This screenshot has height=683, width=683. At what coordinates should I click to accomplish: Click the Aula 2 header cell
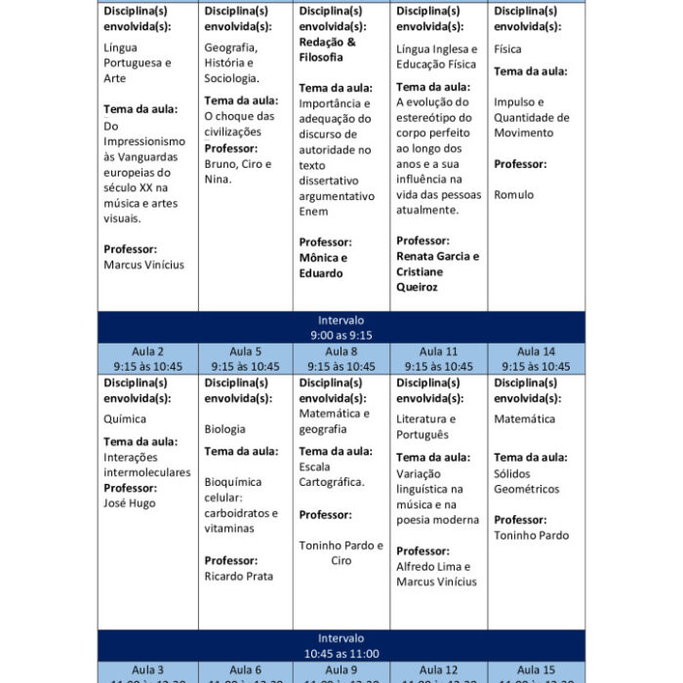(147, 359)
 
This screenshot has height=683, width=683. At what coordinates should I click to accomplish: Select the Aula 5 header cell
(245, 359)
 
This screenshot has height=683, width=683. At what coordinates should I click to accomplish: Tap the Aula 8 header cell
(341, 359)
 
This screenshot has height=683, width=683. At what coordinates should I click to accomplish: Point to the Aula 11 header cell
(438, 359)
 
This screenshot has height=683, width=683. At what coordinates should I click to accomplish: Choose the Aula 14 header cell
(536, 359)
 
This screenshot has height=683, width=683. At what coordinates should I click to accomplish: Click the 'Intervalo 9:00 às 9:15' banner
(341, 327)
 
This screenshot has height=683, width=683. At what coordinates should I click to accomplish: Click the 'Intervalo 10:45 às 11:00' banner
(341, 646)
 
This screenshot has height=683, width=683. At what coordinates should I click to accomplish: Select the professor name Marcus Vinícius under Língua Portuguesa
(143, 264)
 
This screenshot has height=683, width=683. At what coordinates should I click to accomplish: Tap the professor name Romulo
(514, 195)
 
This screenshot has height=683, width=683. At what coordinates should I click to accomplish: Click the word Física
(507, 49)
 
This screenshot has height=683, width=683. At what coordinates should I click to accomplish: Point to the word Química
(125, 420)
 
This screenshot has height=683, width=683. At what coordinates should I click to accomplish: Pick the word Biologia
(224, 429)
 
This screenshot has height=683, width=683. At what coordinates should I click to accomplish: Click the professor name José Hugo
(130, 503)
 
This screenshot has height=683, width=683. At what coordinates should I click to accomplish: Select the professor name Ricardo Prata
(239, 577)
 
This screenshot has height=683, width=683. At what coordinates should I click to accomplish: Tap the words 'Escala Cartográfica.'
(331, 474)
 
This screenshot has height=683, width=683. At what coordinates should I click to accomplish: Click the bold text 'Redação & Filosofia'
(327, 50)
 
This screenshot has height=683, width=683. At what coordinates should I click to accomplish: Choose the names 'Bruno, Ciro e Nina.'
(238, 172)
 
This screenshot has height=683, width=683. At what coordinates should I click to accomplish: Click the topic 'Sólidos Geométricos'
(527, 481)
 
